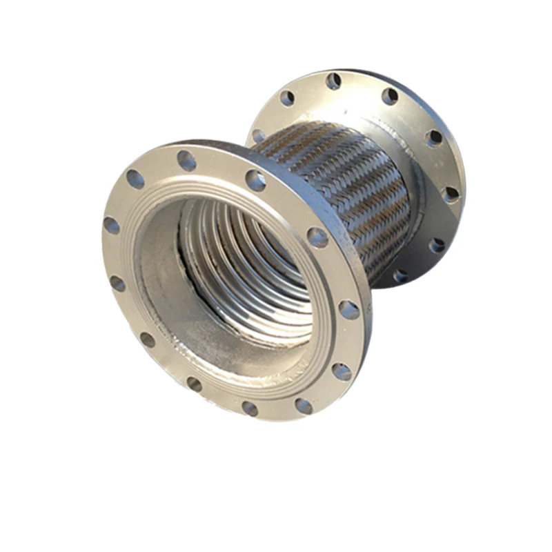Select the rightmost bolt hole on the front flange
click(349, 310)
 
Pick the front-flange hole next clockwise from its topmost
click(256, 180)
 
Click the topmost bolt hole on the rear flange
click(333, 81)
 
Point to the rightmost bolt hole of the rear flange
click(451, 194)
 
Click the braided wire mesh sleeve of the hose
click(345, 179)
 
